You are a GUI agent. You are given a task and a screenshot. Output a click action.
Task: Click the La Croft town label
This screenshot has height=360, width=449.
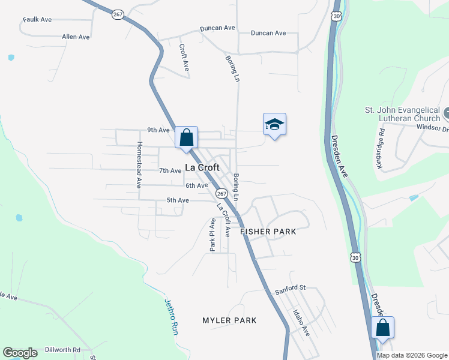(x=202, y=168)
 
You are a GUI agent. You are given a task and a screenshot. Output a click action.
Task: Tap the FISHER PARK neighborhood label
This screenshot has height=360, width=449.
(x=268, y=232)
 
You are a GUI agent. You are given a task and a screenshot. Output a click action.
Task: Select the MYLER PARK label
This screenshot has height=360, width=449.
(x=229, y=320)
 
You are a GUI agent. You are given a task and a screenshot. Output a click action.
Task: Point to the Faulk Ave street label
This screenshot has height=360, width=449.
(x=37, y=20)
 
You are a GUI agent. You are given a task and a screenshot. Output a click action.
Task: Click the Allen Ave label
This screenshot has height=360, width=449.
(x=76, y=37)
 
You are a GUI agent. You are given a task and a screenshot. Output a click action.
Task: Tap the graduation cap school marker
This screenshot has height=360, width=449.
(x=274, y=124)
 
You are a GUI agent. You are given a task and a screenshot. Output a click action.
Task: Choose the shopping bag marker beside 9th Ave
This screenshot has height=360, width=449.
(x=187, y=137)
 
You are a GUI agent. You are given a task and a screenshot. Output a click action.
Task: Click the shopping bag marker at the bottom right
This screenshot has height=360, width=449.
(x=382, y=328)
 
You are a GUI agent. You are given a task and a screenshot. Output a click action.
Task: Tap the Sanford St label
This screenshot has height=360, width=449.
(x=291, y=289)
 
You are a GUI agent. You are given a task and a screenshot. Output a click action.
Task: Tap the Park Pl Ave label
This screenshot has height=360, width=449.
(x=212, y=235)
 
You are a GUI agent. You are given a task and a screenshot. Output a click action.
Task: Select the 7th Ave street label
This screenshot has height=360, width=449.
(x=170, y=171)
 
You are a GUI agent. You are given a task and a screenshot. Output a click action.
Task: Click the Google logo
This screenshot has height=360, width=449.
(x=20, y=353)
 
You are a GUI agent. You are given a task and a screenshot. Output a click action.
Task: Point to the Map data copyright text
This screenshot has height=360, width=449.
(x=411, y=355)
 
